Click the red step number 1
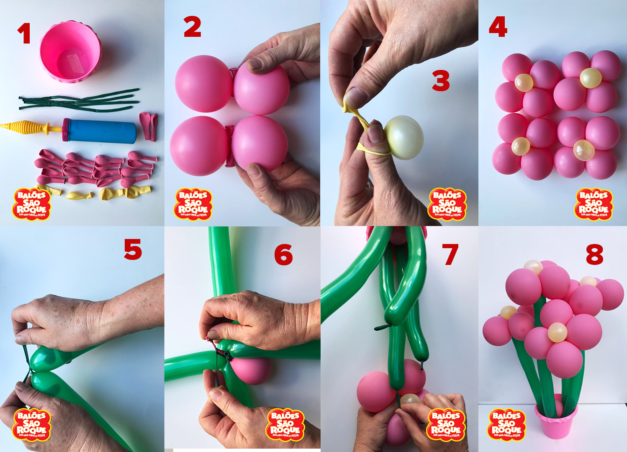click(24, 33)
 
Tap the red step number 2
click(193, 28)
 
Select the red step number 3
click(441, 81)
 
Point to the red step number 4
click(498, 27)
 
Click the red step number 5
click(133, 250)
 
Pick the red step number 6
click(283, 255)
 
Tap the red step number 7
click(450, 254)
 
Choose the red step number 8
click(594, 255)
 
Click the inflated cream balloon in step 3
click(403, 138)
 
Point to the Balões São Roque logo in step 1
click(31, 204)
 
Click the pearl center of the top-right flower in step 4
click(590, 78)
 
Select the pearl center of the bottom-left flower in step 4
click(521, 146)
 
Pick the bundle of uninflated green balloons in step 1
click(80, 100)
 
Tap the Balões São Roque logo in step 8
click(506, 425)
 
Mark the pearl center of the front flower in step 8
click(558, 332)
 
